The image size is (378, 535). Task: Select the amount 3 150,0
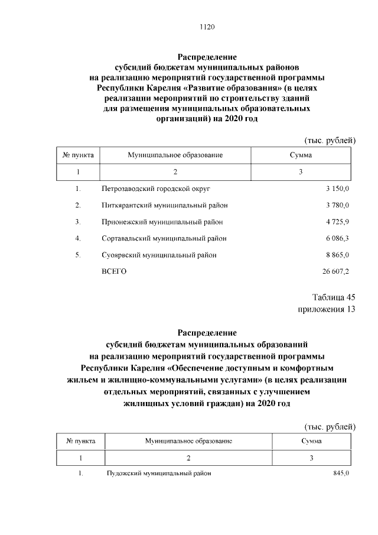tap(337, 189)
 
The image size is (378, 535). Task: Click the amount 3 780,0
tap(337, 205)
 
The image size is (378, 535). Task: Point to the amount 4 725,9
tap(337, 222)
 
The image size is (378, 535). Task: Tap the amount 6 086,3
tap(337, 238)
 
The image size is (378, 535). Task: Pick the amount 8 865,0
tap(337, 255)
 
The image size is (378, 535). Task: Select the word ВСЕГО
tap(114, 271)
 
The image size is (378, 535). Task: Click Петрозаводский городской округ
tap(156, 189)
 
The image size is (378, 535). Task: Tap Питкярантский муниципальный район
tap(164, 205)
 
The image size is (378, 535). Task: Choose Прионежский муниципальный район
tap(162, 222)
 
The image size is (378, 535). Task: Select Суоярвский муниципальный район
tap(158, 255)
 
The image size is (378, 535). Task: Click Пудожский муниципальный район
tap(158, 474)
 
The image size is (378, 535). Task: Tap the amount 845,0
tap(341, 474)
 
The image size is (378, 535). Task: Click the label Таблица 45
tap(333, 297)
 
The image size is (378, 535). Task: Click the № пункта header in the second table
tap(82, 441)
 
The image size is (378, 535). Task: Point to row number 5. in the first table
tap(77, 255)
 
